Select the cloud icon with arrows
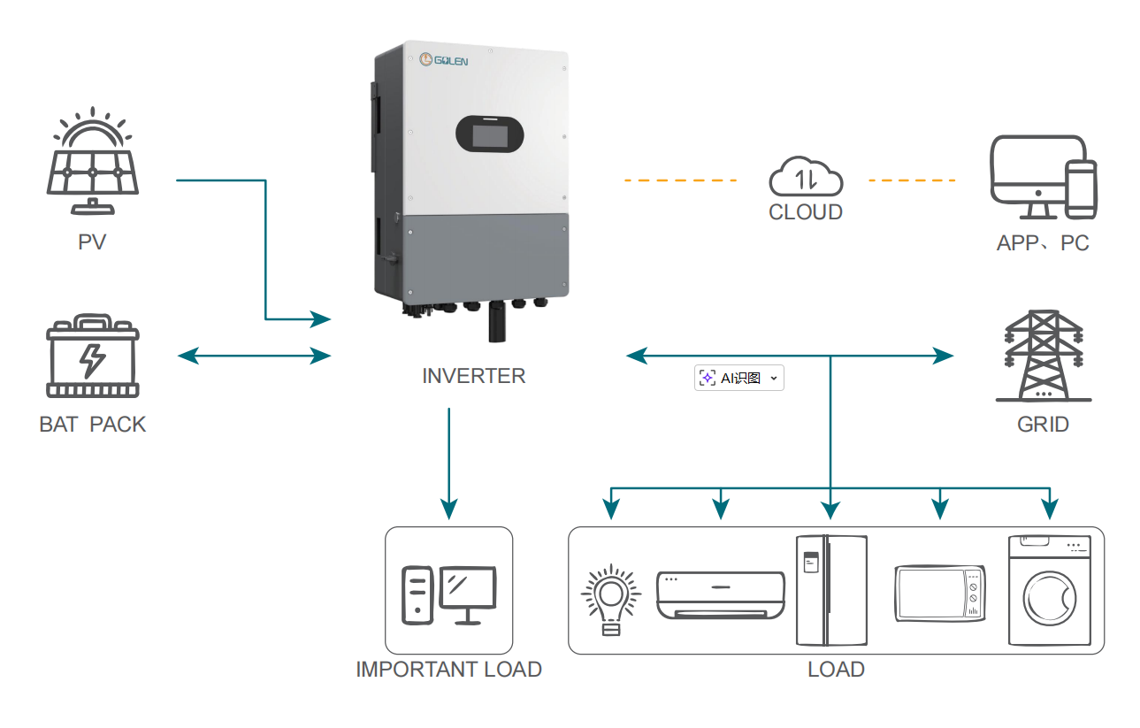[806, 177]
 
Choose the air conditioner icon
[720, 595]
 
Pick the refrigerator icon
[831, 590]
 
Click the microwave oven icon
[940, 594]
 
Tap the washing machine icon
[1049, 590]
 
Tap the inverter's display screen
[489, 136]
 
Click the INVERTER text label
[474, 376]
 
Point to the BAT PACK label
[93, 425]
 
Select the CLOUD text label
[806, 213]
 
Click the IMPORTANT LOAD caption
[448, 670]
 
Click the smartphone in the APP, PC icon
[1080, 189]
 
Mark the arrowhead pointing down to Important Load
[449, 509]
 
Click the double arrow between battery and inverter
[254, 356]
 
